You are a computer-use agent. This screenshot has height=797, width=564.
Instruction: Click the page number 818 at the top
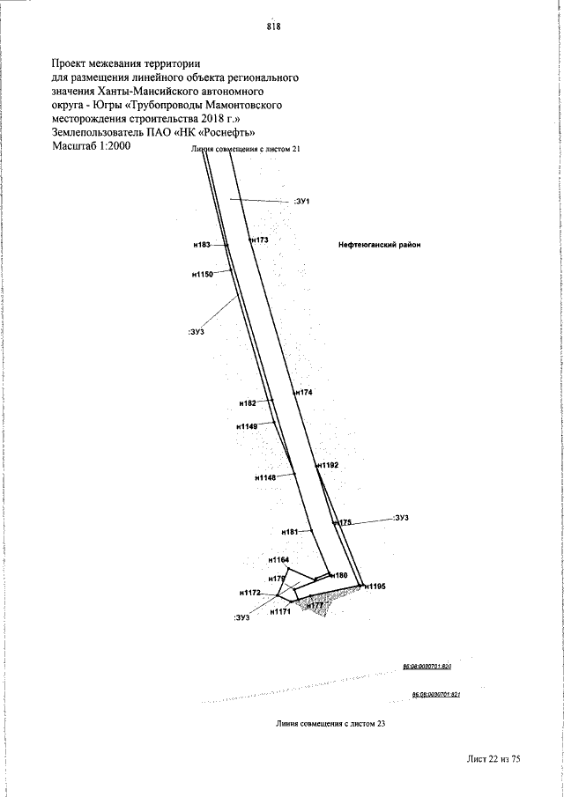click(273, 26)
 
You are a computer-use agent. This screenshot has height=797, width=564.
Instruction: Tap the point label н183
click(202, 244)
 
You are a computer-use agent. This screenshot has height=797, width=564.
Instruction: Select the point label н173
click(258, 240)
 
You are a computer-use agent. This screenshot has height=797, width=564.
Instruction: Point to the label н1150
click(203, 276)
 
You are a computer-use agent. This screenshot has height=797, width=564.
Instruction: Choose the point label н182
click(248, 402)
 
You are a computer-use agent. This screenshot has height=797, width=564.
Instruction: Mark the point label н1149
click(247, 426)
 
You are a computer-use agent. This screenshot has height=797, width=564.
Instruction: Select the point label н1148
click(265, 477)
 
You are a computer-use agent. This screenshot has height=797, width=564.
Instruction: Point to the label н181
click(290, 532)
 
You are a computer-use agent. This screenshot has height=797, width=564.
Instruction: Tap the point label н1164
click(278, 559)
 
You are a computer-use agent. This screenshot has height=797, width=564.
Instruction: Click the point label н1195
click(374, 586)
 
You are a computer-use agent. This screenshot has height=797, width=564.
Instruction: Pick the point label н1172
click(250, 593)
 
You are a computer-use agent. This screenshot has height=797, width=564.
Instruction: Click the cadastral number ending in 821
click(437, 694)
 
